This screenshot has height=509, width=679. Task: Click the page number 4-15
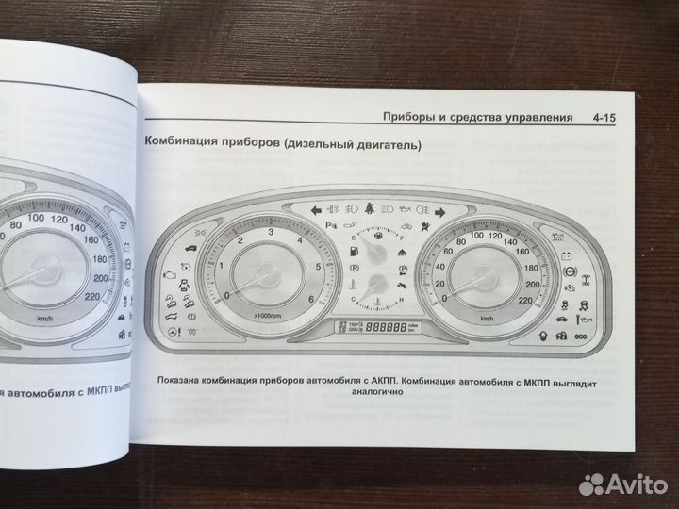(x=613, y=118)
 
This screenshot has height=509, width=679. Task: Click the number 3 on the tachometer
(x=271, y=231)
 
